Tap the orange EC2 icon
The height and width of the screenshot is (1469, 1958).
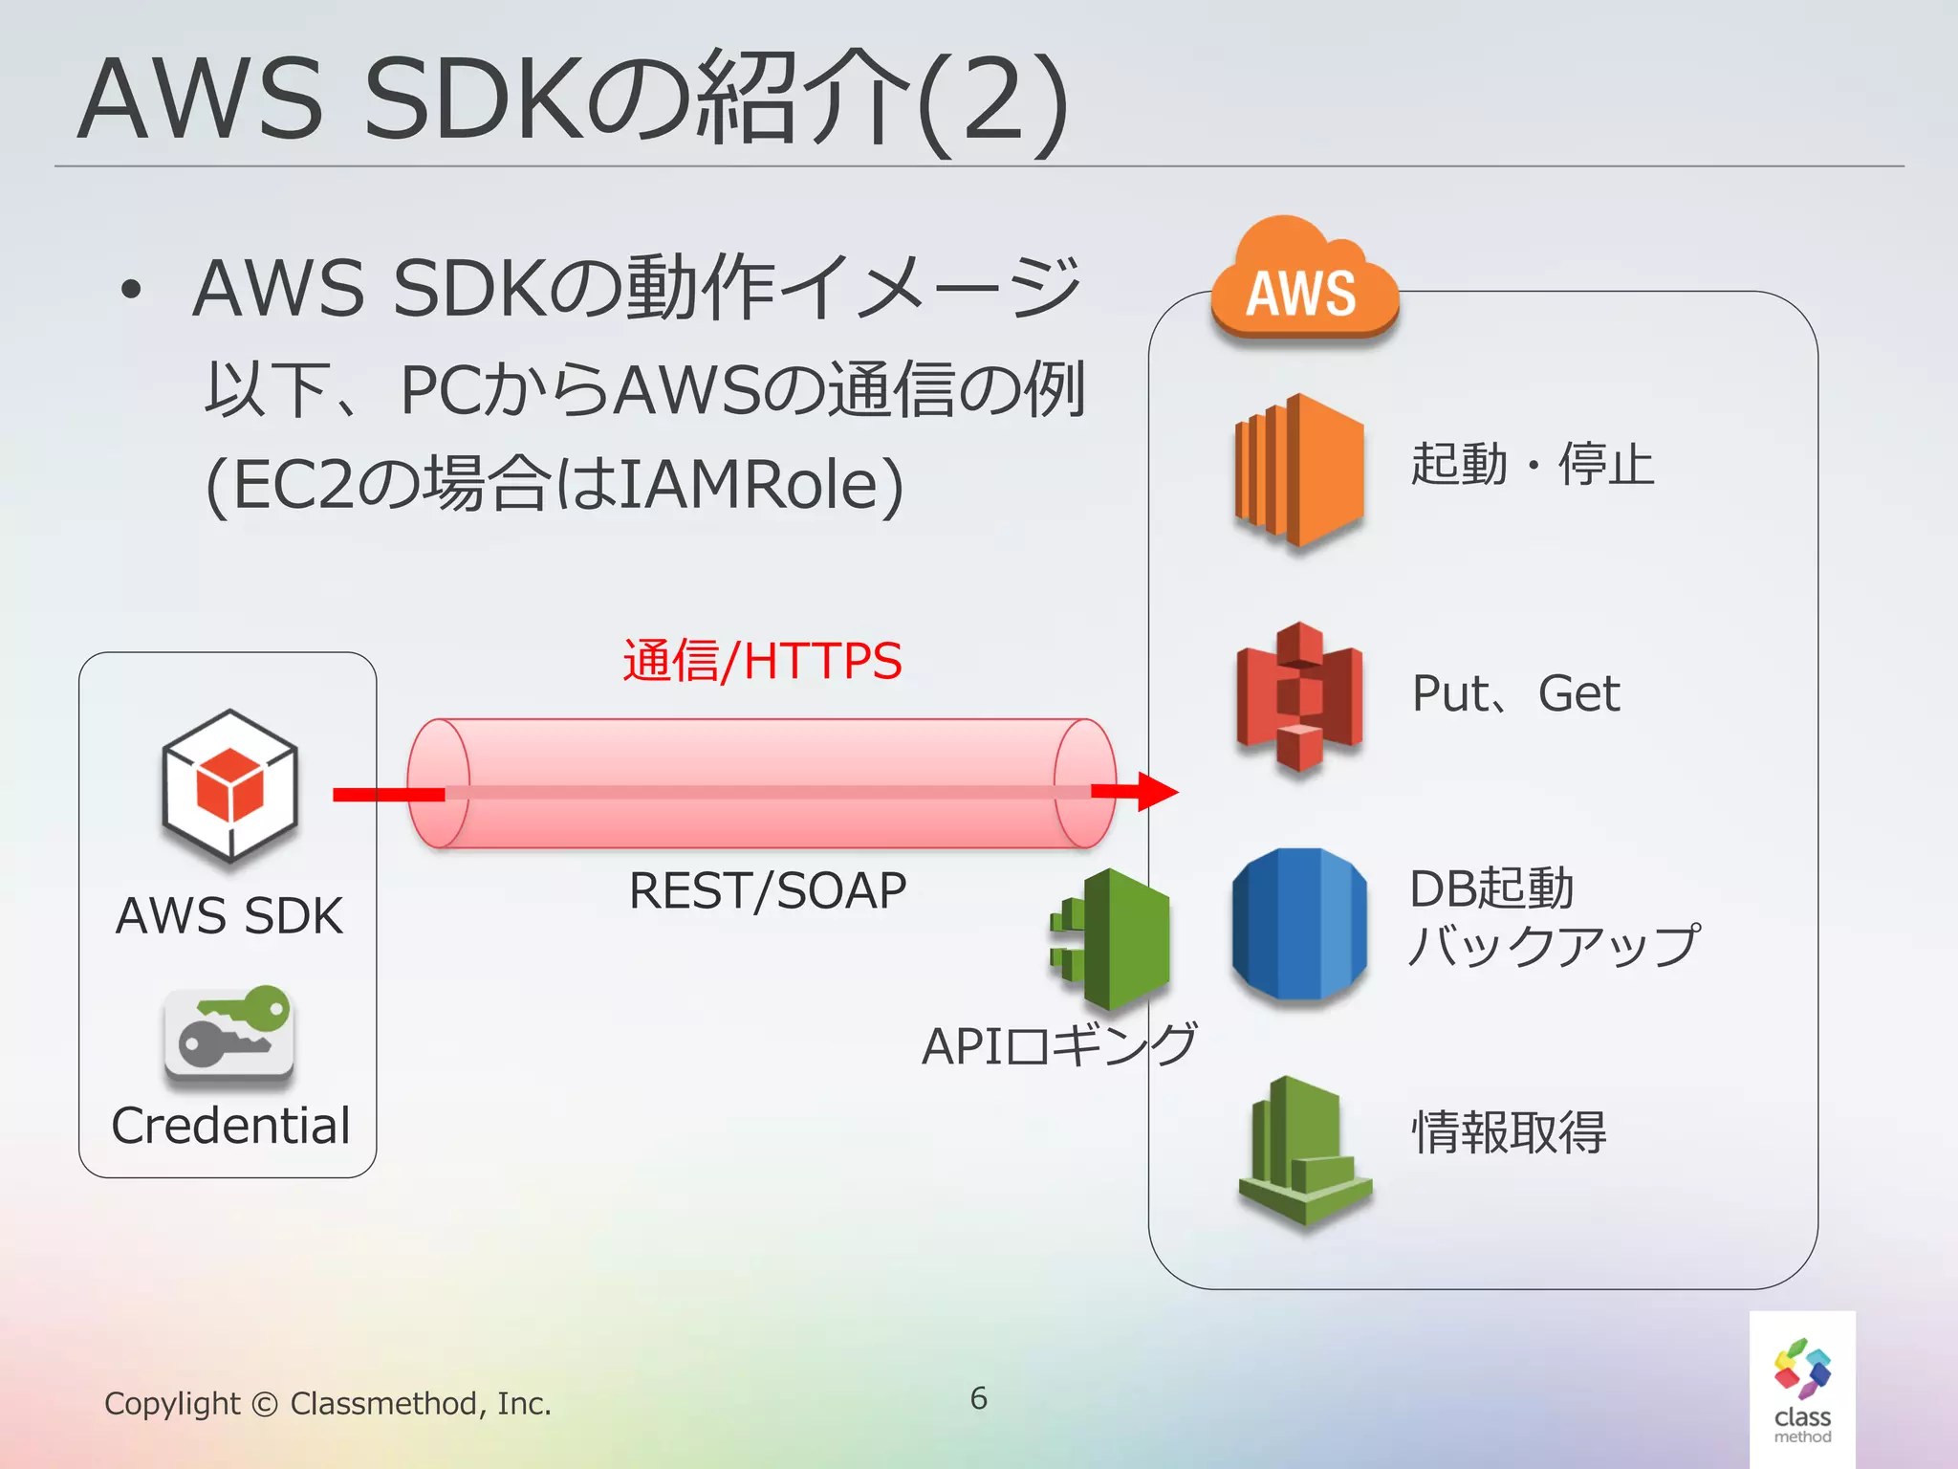coord(1298,471)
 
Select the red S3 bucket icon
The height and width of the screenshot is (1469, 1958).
coord(1299,696)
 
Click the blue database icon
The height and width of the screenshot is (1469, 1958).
coord(1299,924)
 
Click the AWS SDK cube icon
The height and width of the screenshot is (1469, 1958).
coord(229,785)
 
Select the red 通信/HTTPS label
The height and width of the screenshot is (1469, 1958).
coord(762,661)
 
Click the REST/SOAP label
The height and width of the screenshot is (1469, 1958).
coord(767,891)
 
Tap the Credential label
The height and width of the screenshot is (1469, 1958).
coord(230,1126)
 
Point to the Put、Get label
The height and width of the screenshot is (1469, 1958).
coord(1515,693)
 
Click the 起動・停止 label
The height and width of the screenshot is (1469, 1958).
coord(1532,465)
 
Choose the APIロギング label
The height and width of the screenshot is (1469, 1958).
coord(1058,1045)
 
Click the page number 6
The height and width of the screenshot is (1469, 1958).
coord(978,1398)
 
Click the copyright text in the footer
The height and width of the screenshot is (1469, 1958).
coord(328,1403)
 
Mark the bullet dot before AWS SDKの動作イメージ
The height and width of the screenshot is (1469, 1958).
coord(131,289)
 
